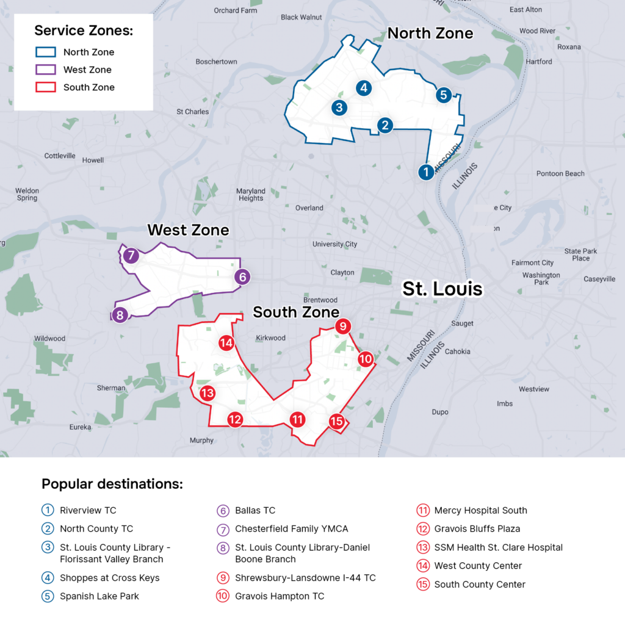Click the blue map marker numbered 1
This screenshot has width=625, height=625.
426,173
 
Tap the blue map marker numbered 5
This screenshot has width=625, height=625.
444,95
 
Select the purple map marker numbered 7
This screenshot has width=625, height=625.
131,256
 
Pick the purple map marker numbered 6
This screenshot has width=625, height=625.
242,277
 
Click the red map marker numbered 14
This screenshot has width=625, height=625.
226,343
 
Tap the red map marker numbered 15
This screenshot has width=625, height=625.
336,421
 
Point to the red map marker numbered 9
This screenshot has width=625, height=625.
343,327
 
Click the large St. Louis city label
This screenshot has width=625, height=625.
442,289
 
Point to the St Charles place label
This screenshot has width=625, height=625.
192,112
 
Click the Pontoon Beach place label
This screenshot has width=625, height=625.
560,173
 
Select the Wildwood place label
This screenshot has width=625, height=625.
49,338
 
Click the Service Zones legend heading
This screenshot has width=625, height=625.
84,31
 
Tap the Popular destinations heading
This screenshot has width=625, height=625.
112,485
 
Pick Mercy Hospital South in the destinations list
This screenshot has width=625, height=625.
480,510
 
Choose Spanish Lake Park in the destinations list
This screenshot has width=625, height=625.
99,596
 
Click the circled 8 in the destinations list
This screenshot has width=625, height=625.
223,547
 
